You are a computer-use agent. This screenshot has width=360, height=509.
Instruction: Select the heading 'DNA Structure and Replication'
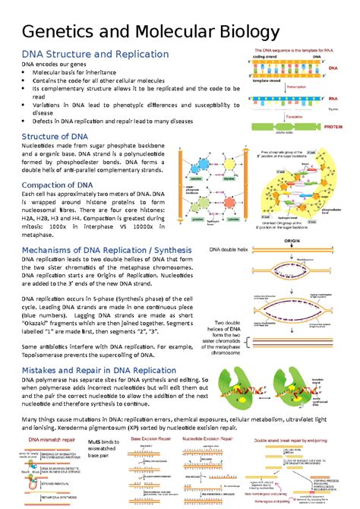[95, 55]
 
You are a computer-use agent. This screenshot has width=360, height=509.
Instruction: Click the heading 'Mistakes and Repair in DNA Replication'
[110, 369]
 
